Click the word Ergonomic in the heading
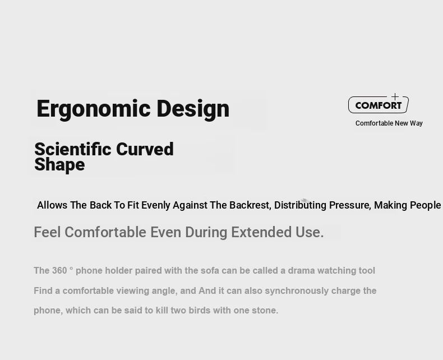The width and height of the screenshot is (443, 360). click(x=94, y=109)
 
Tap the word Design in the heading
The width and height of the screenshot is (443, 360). click(x=193, y=109)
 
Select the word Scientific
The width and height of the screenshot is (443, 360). click(x=72, y=149)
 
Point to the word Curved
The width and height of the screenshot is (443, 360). click(x=145, y=149)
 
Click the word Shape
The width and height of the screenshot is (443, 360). click(x=59, y=165)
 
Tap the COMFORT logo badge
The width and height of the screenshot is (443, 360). click(x=379, y=104)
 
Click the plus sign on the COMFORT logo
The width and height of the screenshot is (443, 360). click(x=395, y=97)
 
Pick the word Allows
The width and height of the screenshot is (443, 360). click(x=52, y=205)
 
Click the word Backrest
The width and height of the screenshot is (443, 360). click(x=250, y=205)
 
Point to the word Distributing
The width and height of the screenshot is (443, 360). click(x=300, y=205)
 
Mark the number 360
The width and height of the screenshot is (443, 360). click(x=59, y=270)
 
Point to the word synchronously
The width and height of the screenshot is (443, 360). click(x=297, y=291)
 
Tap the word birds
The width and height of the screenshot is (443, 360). click(x=200, y=310)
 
